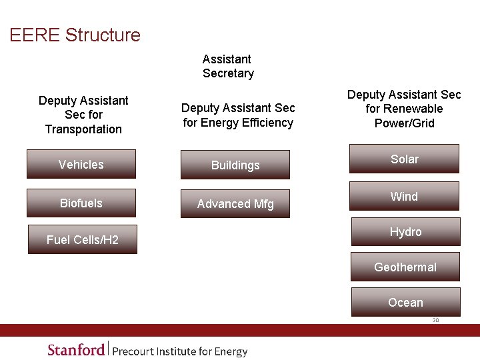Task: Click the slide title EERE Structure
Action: coord(75,35)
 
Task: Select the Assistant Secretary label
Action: coord(228,66)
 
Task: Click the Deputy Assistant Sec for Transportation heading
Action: coord(83,115)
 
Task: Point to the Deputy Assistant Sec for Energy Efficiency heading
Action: coord(238,115)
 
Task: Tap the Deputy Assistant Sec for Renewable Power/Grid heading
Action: coord(404,109)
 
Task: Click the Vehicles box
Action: coord(81,165)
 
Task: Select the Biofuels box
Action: coord(81,203)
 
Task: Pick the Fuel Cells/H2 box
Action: coord(83,240)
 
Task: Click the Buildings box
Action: coord(235,165)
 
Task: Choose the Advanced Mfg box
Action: coord(235,204)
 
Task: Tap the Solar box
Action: coord(405,159)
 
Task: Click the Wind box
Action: coord(405,197)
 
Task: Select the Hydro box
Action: coord(405,232)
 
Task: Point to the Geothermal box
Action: coord(405,267)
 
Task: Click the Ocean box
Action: coord(405,303)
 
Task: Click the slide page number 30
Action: coord(435,320)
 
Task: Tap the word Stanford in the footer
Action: coord(76,350)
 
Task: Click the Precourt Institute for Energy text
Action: coord(180,351)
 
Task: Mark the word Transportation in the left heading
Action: coord(83,129)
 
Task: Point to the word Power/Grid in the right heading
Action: coord(404,123)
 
